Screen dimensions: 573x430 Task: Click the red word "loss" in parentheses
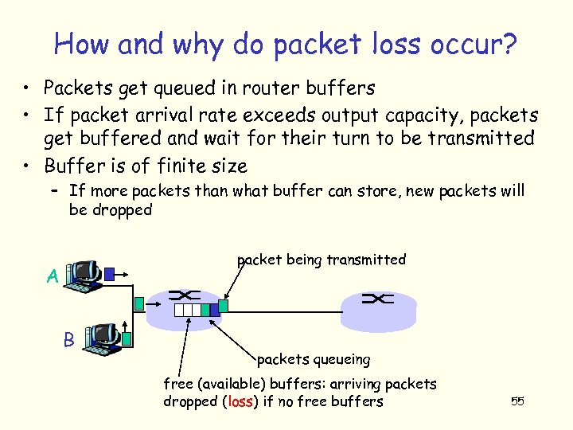(240, 402)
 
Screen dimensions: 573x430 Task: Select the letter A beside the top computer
(52, 276)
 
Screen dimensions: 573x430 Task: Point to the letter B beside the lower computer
(68, 339)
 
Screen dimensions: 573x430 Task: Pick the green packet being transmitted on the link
(224, 305)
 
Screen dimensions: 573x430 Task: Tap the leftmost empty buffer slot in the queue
(179, 310)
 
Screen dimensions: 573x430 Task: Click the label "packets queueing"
(314, 359)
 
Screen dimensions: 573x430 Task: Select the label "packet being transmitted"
(322, 260)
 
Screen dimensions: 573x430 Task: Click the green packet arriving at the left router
(141, 303)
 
